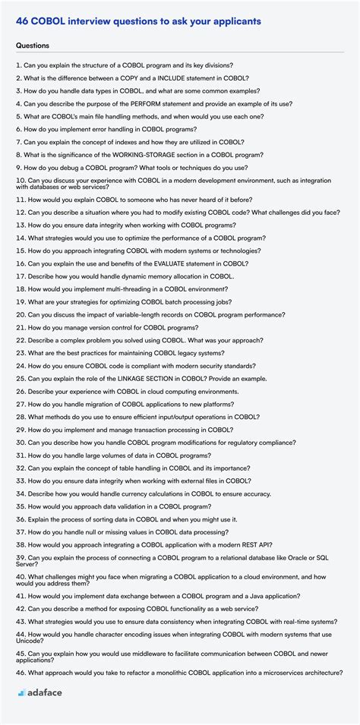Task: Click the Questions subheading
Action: [x=33, y=46]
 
